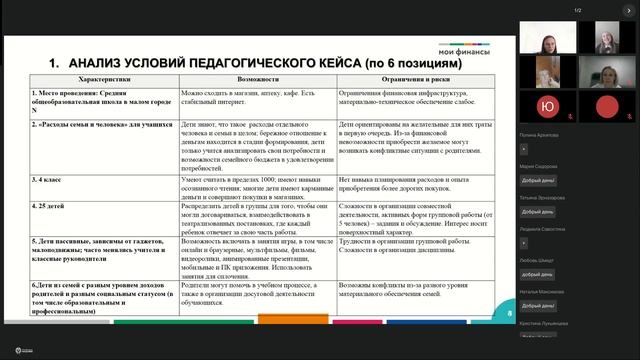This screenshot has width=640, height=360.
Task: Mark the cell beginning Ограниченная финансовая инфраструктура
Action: click(x=420, y=98)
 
